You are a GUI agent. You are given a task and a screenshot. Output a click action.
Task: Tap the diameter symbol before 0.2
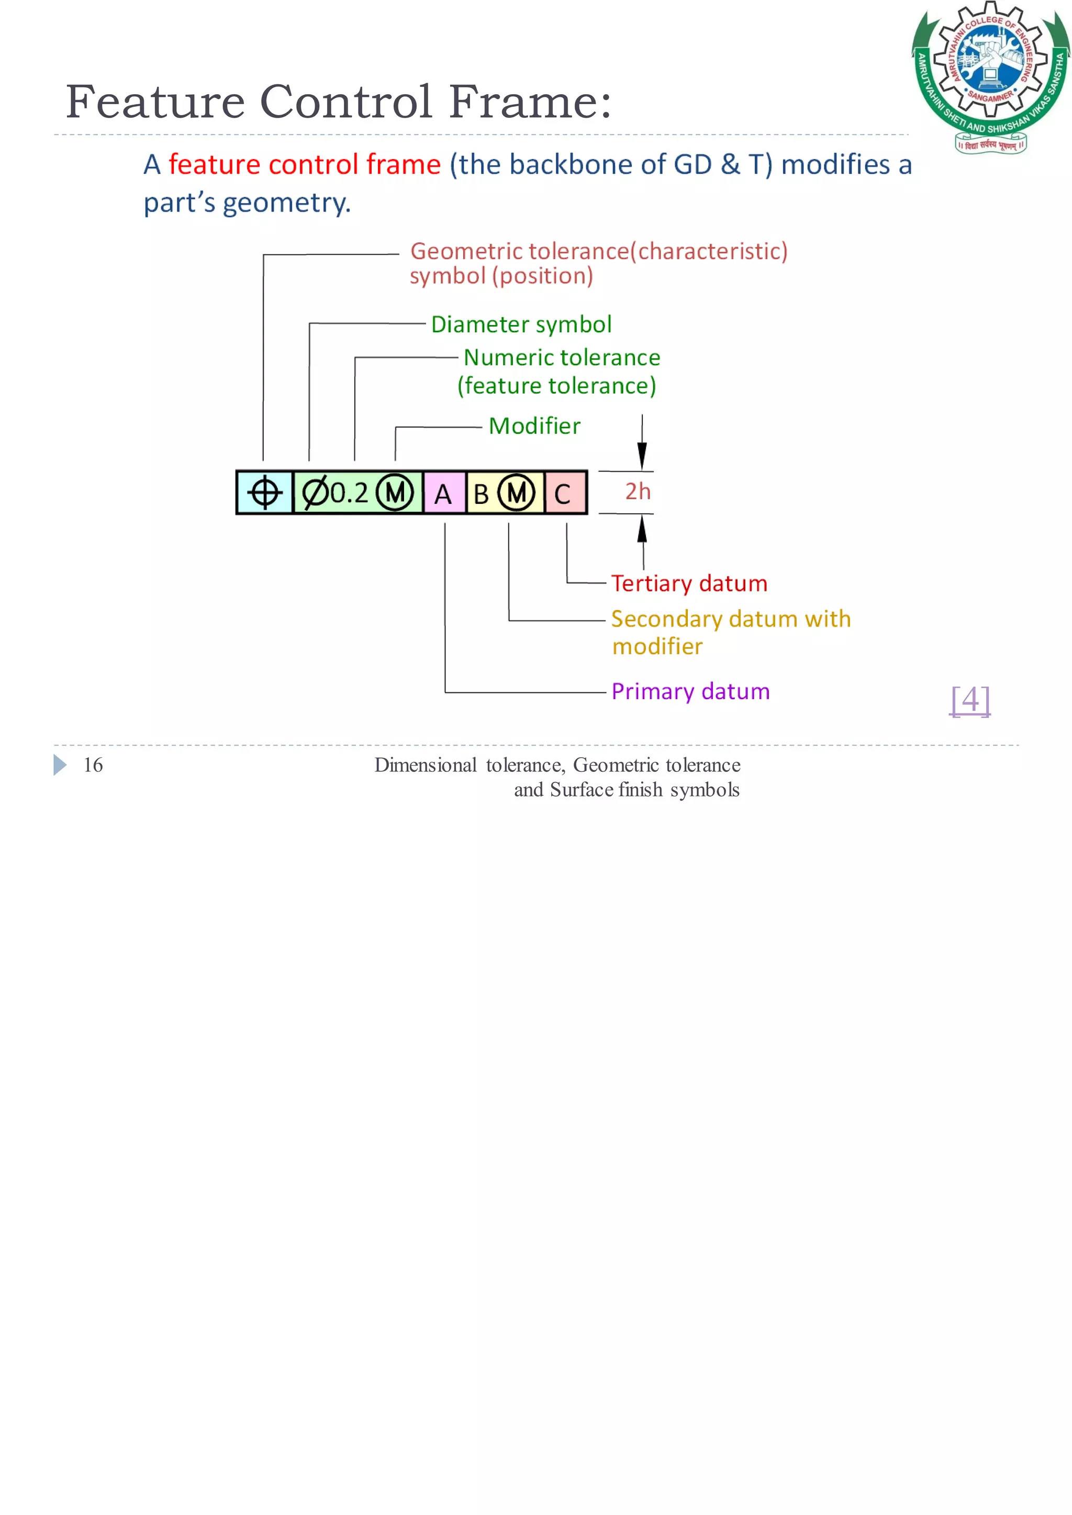point(315,492)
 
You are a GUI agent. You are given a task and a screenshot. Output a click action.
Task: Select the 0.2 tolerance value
point(349,493)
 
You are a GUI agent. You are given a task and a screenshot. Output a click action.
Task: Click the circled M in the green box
point(395,493)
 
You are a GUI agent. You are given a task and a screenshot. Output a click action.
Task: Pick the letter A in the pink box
point(443,494)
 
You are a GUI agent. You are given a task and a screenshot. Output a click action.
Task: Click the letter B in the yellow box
point(481,494)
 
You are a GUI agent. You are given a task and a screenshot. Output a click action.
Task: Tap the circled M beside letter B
point(516,493)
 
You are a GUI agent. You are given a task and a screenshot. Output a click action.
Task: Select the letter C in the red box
point(562,494)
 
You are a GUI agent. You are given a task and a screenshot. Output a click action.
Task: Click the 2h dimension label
point(638,491)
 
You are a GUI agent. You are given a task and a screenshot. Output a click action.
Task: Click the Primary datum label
point(690,691)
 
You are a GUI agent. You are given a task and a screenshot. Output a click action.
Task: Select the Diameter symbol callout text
point(521,324)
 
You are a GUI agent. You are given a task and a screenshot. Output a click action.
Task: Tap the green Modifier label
point(534,425)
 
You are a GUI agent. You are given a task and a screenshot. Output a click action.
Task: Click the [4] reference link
point(970,700)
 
